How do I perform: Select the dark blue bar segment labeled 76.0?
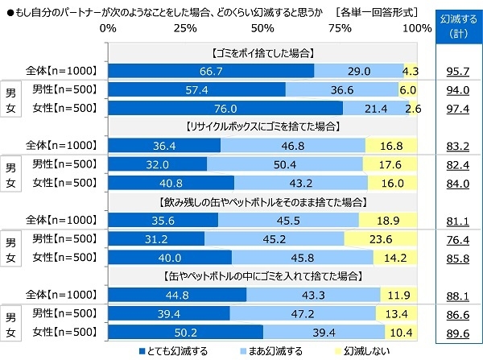click(x=225, y=108)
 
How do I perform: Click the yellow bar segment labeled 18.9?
click(x=388, y=219)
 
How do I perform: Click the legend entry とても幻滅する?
click(x=173, y=350)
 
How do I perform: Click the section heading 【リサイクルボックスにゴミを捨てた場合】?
click(x=262, y=127)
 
